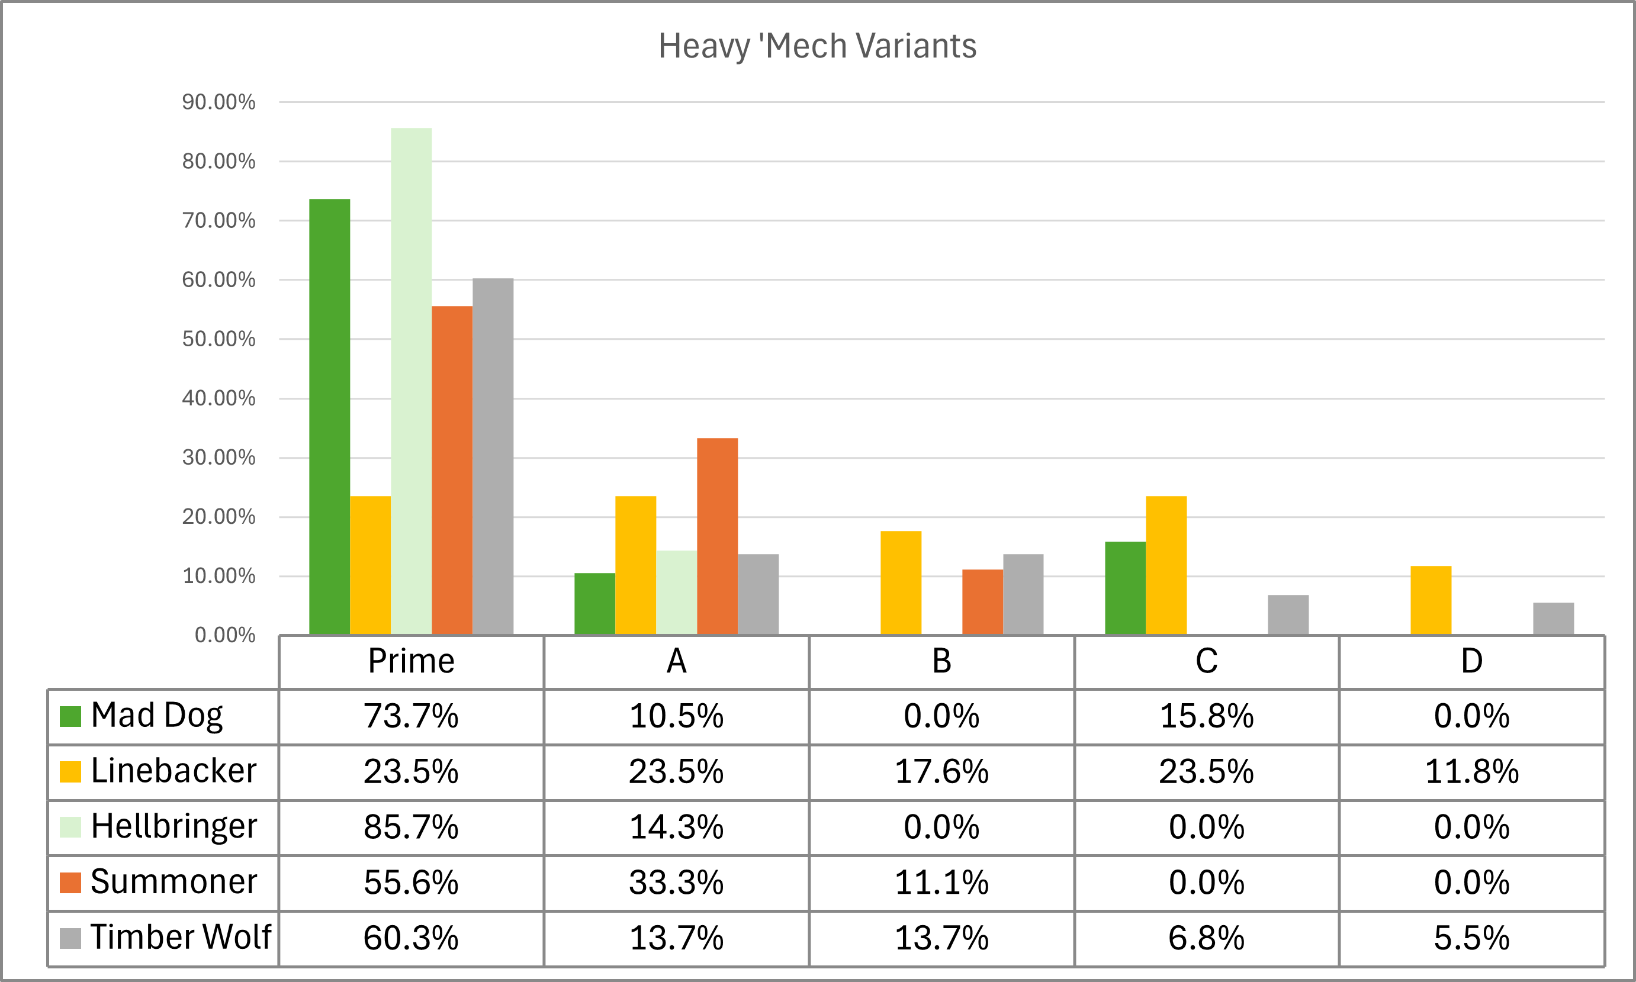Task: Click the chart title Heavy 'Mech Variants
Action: pyautogui.click(x=817, y=46)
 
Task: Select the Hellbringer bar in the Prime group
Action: pyautogui.click(x=411, y=381)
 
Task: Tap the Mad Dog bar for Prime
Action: pyautogui.click(x=330, y=417)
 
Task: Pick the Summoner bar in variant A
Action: pyautogui.click(x=718, y=537)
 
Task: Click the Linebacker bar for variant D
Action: pyautogui.click(x=1431, y=600)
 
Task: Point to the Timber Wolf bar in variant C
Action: pyautogui.click(x=1288, y=615)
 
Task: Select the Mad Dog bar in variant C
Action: pyautogui.click(x=1125, y=588)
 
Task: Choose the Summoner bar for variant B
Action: pyautogui.click(x=982, y=602)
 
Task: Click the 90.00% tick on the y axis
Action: pyautogui.click(x=218, y=102)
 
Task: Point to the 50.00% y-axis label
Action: pyautogui.click(x=218, y=339)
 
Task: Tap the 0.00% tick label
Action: pyautogui.click(x=225, y=635)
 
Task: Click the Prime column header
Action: pyautogui.click(x=411, y=661)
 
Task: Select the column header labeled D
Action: pyautogui.click(x=1472, y=661)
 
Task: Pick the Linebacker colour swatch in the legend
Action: pyautogui.click(x=70, y=772)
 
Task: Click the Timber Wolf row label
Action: pyautogui.click(x=181, y=937)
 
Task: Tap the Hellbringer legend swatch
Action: pyautogui.click(x=70, y=827)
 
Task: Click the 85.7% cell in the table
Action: pyautogui.click(x=411, y=827)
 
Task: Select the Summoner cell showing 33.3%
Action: pyautogui.click(x=676, y=883)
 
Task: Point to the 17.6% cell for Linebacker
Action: pyautogui.click(x=942, y=772)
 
